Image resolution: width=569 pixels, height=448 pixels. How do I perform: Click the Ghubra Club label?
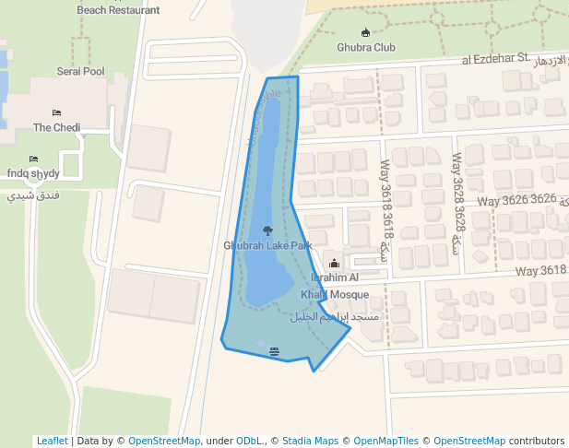point(365,47)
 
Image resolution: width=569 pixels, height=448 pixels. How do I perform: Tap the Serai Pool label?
point(80,71)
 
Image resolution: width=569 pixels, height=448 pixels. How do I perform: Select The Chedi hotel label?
point(56,127)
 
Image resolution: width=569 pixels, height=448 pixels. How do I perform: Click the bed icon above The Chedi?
point(56,113)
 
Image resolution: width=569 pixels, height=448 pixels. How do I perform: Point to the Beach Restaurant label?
point(117,10)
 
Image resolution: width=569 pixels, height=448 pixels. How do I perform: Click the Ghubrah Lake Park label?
point(267,245)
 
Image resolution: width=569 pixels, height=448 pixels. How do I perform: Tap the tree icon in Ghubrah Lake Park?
point(267,230)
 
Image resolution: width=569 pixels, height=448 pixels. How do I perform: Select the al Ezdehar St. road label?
point(496,60)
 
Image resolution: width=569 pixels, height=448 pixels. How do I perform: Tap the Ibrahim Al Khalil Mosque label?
point(335,286)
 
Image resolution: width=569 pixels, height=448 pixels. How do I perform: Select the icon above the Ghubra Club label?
point(365,33)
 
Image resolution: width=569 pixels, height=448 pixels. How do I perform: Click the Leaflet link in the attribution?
point(52,441)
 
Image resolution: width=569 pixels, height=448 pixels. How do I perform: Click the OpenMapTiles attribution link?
point(385,441)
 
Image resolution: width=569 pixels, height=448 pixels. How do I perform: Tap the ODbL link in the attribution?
point(250,441)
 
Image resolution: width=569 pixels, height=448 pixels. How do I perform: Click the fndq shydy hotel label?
point(33,173)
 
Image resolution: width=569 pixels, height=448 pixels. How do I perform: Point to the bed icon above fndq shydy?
point(33,159)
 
